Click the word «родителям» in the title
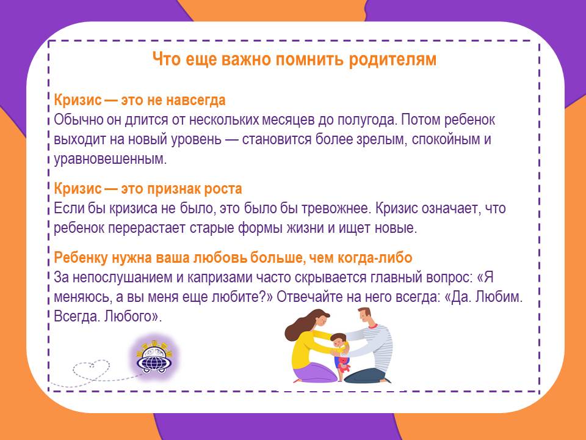(x=392, y=59)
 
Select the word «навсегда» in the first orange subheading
(x=195, y=100)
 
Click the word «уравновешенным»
(x=110, y=159)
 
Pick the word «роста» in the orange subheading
(x=223, y=189)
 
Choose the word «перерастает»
(x=147, y=228)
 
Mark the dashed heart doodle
(x=91, y=369)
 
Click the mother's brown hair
(x=300, y=326)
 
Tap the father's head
(x=364, y=317)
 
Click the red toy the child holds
(x=344, y=364)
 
